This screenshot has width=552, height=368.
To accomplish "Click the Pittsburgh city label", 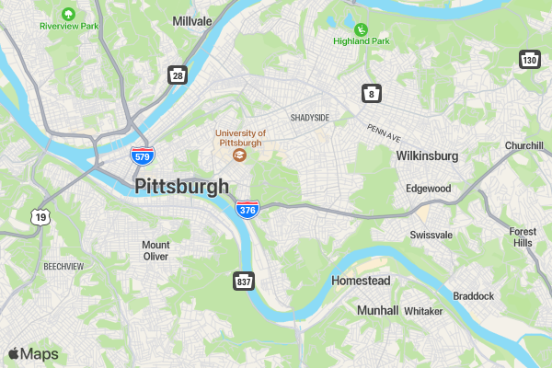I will (181, 187).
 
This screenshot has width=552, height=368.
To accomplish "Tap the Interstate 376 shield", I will (247, 210).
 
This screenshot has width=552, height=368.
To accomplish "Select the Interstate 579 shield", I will (141, 156).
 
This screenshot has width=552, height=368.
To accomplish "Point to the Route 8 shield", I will (371, 93).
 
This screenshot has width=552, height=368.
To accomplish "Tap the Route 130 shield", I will (528, 60).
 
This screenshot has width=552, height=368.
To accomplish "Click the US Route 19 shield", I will (40, 217).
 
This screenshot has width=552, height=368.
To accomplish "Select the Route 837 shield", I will (243, 280).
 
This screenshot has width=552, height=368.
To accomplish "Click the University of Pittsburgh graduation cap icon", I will (239, 156).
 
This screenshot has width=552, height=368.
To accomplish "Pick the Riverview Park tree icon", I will (68, 14).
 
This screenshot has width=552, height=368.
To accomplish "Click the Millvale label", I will (191, 20).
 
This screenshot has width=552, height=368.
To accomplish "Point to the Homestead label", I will (361, 280).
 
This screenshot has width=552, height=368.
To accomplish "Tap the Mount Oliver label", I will (155, 251).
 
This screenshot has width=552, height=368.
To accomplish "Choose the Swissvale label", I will (431, 235).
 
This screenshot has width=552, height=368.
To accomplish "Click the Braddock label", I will (473, 295).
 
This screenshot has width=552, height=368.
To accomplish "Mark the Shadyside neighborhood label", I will (309, 118).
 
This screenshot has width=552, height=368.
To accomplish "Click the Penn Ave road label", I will (384, 132).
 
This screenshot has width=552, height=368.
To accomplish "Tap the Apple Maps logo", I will (33, 354).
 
